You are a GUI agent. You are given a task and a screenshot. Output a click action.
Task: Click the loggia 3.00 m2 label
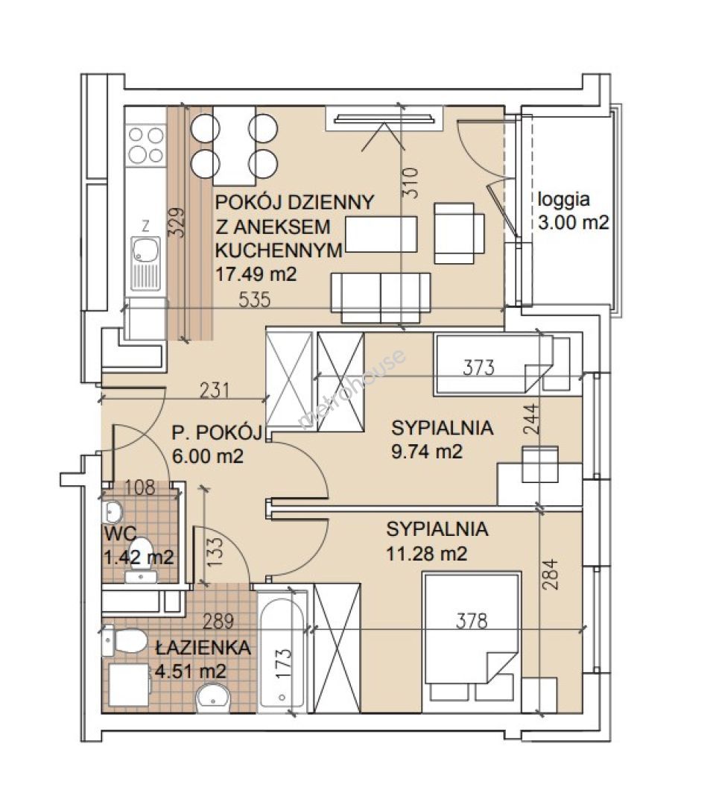[x=573, y=211]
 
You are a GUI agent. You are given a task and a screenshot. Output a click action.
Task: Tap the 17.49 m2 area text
[x=256, y=274]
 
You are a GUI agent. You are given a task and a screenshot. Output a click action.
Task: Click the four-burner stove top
[x=146, y=145]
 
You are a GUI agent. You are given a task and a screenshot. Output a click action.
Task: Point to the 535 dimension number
[x=255, y=300]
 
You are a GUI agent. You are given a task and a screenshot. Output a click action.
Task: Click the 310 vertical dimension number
[x=411, y=183]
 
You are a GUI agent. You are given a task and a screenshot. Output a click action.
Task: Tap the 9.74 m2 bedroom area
[x=427, y=452]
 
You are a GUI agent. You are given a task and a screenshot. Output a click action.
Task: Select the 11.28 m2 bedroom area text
[x=426, y=554]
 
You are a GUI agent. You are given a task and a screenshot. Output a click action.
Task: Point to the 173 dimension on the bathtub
[x=284, y=663]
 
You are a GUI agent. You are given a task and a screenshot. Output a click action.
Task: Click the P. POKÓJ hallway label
[x=217, y=433]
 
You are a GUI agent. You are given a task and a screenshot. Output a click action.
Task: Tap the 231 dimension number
[x=214, y=391]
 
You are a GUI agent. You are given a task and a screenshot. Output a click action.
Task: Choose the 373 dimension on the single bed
[x=478, y=367]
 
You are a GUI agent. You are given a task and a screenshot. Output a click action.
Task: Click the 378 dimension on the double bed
[x=472, y=621]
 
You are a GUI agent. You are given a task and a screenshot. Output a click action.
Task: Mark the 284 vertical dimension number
[x=549, y=574]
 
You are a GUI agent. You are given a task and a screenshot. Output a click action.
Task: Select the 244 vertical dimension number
[x=533, y=420]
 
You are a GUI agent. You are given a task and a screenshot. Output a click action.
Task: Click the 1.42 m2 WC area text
[x=139, y=557]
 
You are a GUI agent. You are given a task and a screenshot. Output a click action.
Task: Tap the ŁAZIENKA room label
[x=203, y=648]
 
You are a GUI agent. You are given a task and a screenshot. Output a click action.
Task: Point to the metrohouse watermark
[x=352, y=388]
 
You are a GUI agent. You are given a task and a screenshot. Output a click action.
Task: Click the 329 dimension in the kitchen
[x=177, y=222]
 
